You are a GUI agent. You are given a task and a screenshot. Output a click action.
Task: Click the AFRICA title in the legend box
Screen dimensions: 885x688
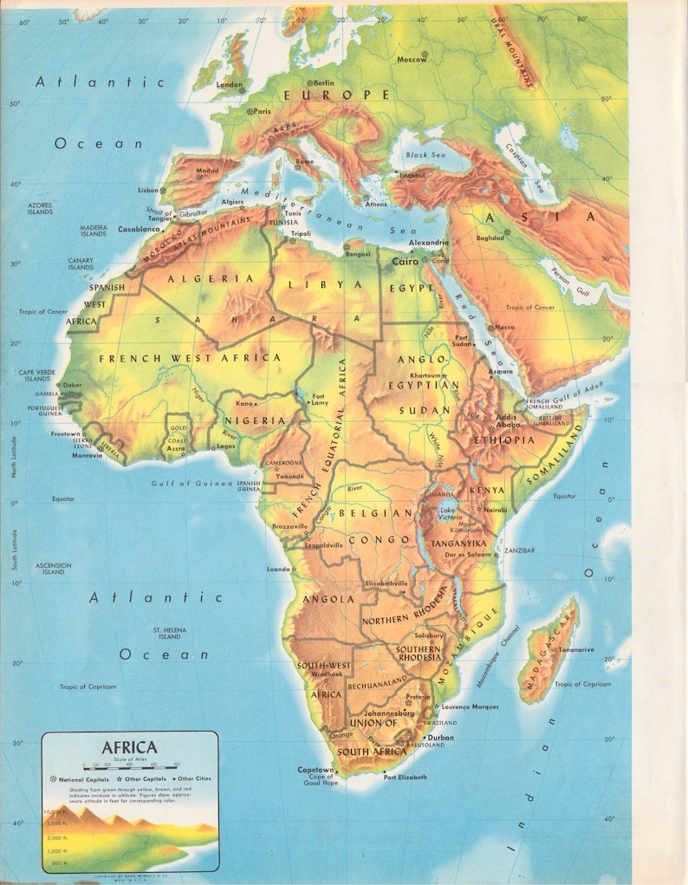[x=129, y=747]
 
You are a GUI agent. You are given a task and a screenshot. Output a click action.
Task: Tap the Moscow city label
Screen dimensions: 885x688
[x=412, y=60]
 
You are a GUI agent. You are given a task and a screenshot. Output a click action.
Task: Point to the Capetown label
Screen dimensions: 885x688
[x=315, y=770]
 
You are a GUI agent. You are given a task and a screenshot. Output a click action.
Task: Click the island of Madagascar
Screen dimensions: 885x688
[x=548, y=651]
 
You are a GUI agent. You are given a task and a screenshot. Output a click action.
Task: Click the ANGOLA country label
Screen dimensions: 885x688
[x=328, y=599]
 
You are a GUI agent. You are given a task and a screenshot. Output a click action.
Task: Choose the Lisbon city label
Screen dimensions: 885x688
[x=148, y=190]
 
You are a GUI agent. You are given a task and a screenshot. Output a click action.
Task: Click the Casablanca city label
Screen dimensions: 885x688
[x=139, y=229]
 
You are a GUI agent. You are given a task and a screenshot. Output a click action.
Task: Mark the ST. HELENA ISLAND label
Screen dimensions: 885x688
[x=169, y=633]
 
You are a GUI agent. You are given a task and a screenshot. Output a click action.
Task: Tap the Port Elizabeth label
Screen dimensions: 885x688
[x=406, y=778]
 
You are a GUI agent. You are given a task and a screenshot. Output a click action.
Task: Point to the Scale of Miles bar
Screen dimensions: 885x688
[x=130, y=765]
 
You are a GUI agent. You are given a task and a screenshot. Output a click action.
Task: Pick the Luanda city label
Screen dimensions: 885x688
[x=278, y=569]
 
